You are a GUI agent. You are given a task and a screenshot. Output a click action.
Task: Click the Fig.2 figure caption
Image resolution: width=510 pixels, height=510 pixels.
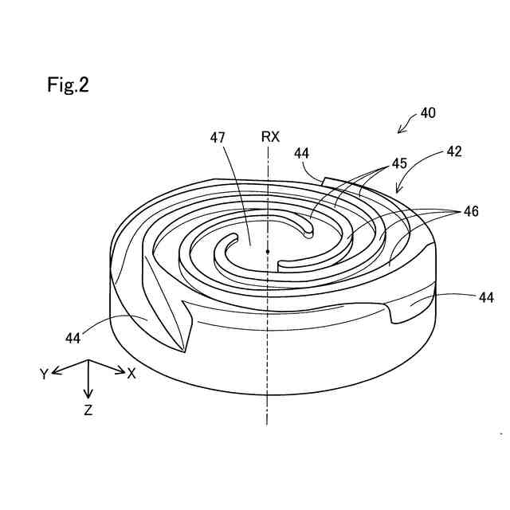coord(68,86)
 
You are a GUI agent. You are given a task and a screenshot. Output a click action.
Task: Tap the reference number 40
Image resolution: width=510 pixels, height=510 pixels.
coord(428,113)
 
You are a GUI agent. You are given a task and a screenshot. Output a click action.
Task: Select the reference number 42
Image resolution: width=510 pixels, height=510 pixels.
coord(454,150)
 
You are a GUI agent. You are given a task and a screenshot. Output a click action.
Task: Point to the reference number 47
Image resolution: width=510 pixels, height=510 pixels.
coord(218,137)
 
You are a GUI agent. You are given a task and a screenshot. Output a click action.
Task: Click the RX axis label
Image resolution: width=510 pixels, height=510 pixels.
coord(270,137)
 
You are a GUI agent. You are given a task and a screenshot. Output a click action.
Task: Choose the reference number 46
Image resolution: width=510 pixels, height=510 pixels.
coord(472,212)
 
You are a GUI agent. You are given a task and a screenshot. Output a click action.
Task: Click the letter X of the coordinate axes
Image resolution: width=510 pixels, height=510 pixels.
coord(132,371)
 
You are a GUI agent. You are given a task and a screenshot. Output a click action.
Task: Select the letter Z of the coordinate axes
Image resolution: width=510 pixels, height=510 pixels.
coord(88,411)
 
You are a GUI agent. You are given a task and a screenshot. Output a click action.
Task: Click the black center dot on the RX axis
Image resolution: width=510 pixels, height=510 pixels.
coord(268,252)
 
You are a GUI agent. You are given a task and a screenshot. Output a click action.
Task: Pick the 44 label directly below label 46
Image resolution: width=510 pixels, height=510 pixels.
coord(485,296)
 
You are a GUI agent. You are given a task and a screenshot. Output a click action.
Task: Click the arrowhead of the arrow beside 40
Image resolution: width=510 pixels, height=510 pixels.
coord(401,129)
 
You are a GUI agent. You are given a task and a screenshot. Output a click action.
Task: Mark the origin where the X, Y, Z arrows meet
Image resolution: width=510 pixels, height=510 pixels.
coord(88,363)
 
